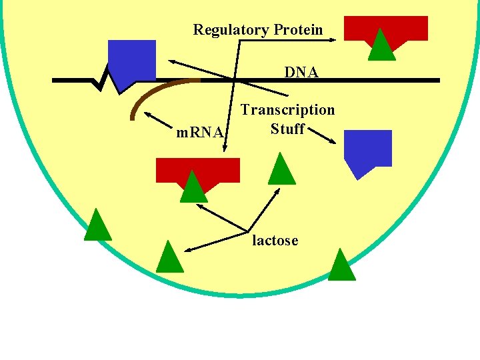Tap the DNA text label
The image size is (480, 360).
coord(301,71)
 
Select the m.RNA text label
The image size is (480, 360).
coord(199,132)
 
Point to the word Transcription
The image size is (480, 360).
coord(287,109)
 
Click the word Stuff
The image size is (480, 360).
coord(287,128)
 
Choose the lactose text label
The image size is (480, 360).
coord(275,241)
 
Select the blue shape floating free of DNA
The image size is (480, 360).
coord(367,150)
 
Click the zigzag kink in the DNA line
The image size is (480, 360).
coord(102,81)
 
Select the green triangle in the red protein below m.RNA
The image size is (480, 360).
coord(193,188)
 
